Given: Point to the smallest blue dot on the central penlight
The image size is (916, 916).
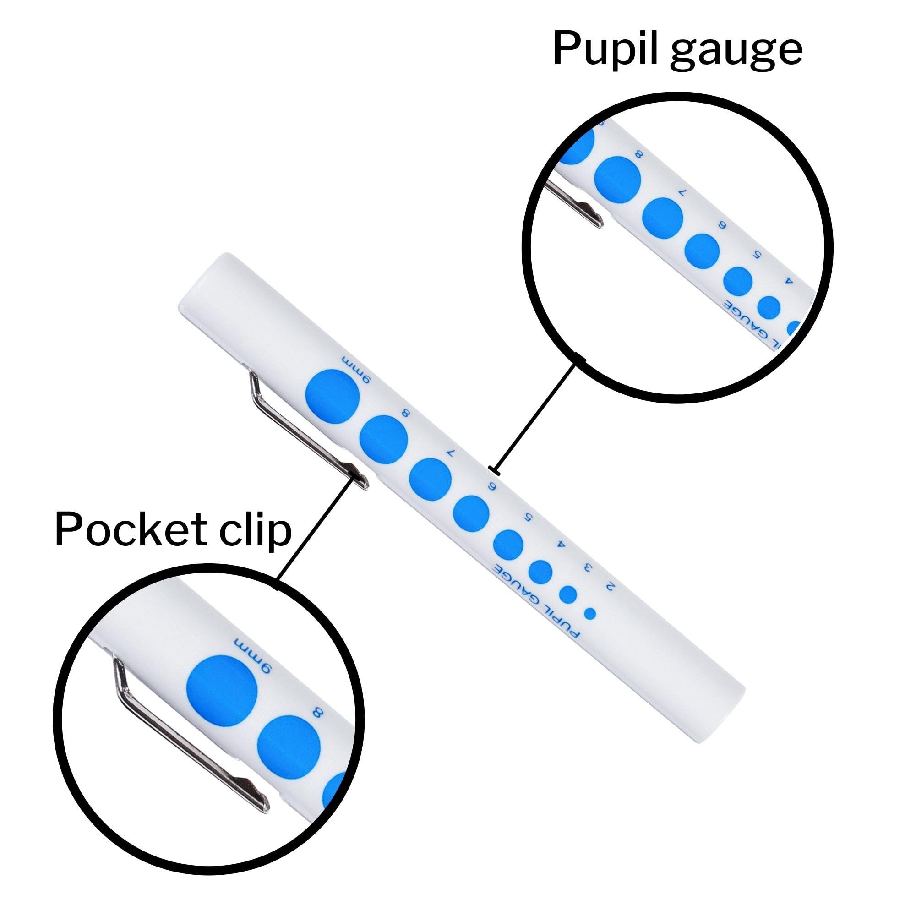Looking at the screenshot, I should click(590, 614).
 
